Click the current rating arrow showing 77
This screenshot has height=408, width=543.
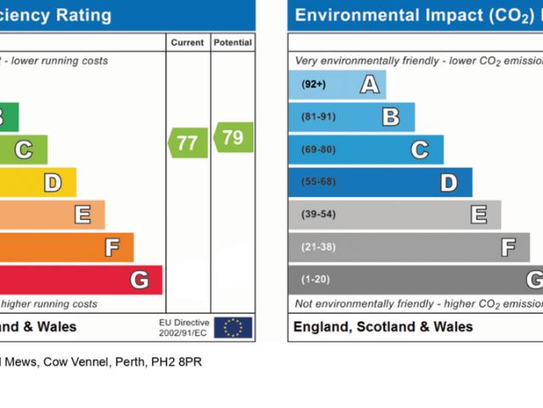[x=188, y=143]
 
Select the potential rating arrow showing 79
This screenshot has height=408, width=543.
[x=233, y=137]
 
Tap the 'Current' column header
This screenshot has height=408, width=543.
[x=187, y=42]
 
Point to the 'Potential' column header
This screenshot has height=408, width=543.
[x=232, y=42]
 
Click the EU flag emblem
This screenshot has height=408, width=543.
[x=233, y=327]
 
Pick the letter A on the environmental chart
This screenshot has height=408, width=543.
[x=369, y=84]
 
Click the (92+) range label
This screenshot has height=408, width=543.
[x=314, y=84]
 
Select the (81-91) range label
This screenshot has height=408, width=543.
[x=318, y=116]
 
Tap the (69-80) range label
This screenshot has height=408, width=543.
[x=318, y=150]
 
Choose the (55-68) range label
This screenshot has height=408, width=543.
[x=318, y=182]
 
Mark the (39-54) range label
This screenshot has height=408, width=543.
[x=318, y=214]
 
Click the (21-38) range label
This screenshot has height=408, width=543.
[x=318, y=247]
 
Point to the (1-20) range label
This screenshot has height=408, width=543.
[x=315, y=280]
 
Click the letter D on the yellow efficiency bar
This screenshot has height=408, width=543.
[x=53, y=182]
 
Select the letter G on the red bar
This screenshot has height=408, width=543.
[x=139, y=280]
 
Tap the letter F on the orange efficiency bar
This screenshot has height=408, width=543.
[x=111, y=247]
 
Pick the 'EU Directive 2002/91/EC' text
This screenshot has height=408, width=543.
[x=184, y=327]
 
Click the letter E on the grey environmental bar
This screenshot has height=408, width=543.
[x=479, y=214]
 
